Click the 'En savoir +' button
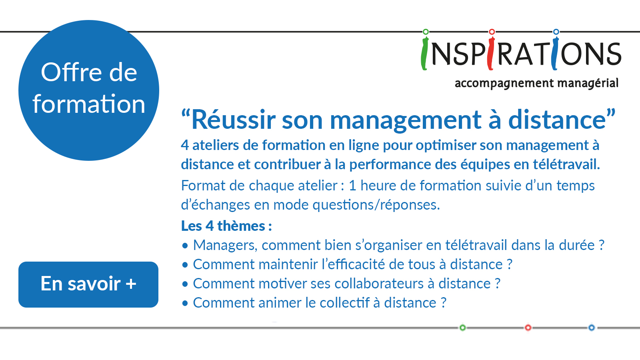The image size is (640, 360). pos(88,284)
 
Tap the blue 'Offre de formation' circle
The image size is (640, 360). pos(89,90)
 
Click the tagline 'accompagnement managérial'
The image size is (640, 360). pos(536,84)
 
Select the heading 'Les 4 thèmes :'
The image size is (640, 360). pos(226,226)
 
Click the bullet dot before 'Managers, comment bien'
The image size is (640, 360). pos(185,246)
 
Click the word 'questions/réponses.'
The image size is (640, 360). pos(376,205)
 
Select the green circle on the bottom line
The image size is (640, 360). pos(462,328)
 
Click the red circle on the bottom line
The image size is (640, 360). pos(528,328)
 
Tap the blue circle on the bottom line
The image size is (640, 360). pos(592,328)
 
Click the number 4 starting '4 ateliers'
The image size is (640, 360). pos(185,145)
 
